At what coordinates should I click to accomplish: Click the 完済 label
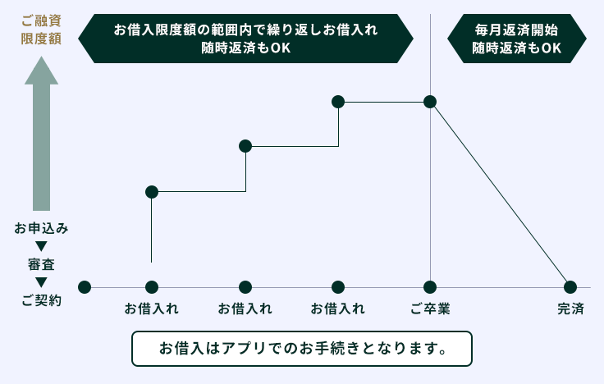pos(570,309)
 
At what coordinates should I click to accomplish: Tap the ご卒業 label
pos(430,309)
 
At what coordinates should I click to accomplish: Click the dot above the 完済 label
pos(570,287)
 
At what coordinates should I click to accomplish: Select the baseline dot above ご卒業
pos(430,287)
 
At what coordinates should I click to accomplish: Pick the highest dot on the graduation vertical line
pos(430,102)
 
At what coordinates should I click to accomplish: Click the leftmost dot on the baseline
pos(84,287)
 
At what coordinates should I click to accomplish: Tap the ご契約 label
pos(42,300)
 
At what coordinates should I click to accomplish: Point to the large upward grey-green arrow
pos(41,139)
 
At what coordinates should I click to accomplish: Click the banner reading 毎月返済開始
pos(516,39)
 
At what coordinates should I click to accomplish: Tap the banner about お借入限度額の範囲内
pos(245,39)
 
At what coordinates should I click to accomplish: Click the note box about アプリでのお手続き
pos(302,348)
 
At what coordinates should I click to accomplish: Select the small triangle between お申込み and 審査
pos(41,246)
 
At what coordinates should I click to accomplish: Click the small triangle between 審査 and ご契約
pos(41,282)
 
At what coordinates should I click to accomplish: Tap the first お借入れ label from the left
pos(152,309)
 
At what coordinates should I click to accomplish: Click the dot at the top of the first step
pos(152,192)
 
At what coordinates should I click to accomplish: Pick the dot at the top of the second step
pos(245,146)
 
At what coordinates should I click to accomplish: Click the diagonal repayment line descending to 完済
pos(501,195)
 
